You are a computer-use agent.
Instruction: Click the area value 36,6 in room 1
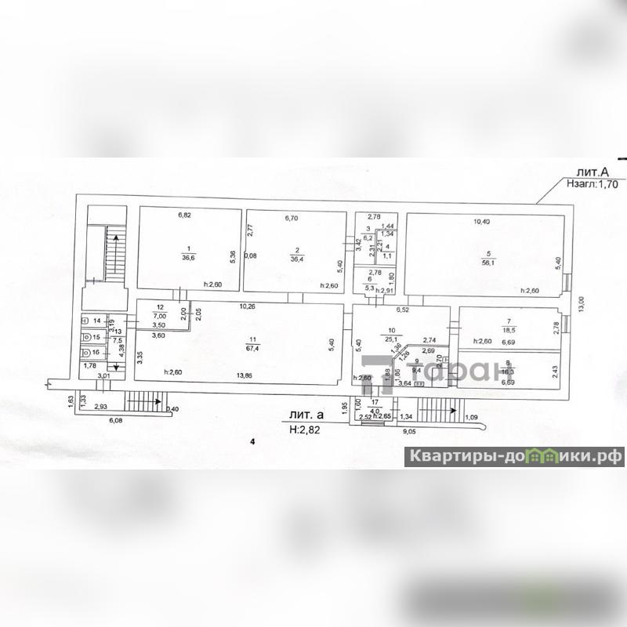tap(187, 256)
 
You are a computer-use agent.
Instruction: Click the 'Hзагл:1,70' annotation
tap(591, 186)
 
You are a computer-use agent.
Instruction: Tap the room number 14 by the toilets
tap(96, 321)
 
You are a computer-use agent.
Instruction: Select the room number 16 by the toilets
tap(96, 353)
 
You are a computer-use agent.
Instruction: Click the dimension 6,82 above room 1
tap(184, 214)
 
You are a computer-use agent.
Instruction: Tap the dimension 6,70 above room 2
tap(292, 216)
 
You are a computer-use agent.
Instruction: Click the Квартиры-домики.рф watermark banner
tap(514, 455)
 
